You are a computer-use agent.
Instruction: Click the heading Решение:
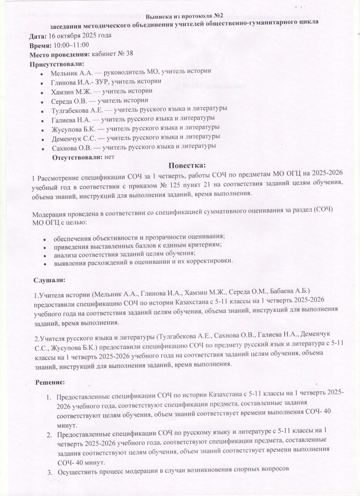[52, 382]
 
